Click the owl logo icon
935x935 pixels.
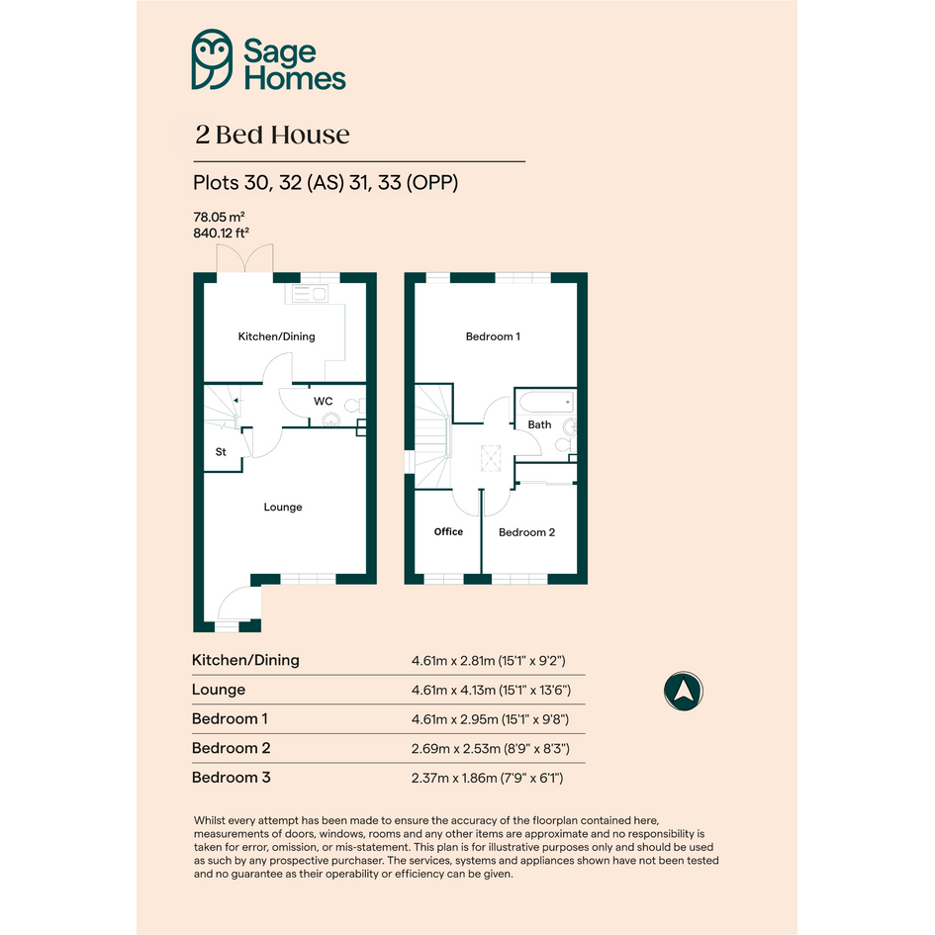tap(212, 59)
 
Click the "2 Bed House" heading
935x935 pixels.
tap(272, 135)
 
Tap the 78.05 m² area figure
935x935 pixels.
tap(219, 217)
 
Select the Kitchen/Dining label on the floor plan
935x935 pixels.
tap(277, 336)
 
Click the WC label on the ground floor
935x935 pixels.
tap(324, 402)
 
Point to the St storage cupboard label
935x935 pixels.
tap(221, 452)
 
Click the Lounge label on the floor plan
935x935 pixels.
tap(283, 507)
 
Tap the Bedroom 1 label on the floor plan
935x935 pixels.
tap(493, 336)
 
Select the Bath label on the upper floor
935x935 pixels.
tap(539, 424)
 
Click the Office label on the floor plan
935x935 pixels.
tap(448, 531)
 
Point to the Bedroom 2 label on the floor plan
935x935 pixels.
tap(526, 532)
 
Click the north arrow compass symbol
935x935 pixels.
tap(684, 692)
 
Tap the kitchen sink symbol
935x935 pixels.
tap(310, 294)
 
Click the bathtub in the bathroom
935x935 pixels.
tap(546, 402)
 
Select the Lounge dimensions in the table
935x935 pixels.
tap(491, 690)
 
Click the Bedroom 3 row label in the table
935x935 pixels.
tap(231, 778)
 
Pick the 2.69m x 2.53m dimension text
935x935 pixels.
tap(455, 748)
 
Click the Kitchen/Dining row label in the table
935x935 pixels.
tap(245, 660)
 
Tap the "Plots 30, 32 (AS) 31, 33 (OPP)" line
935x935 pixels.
tap(326, 182)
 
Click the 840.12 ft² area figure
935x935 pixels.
tap(221, 233)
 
